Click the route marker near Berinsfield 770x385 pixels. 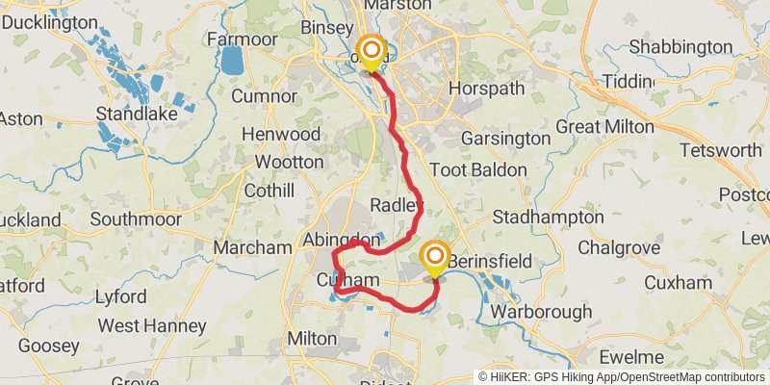(x=435, y=256)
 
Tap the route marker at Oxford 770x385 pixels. (x=371, y=50)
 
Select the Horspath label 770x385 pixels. (x=486, y=89)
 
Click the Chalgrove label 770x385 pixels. (x=619, y=247)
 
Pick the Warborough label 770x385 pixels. (x=542, y=312)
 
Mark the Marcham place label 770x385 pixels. (x=251, y=247)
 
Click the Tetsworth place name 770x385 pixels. (x=720, y=150)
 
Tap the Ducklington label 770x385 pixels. (x=57, y=22)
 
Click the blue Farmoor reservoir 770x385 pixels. (x=232, y=62)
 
